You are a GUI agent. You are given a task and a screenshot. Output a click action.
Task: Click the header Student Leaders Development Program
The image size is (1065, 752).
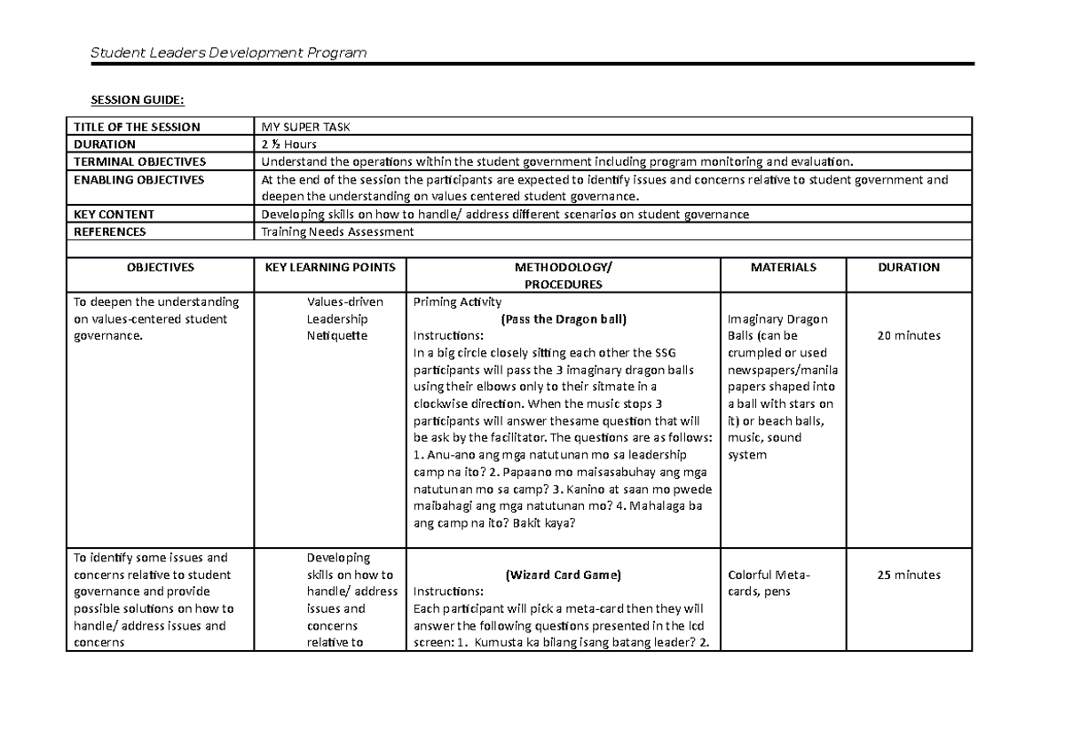[x=228, y=53]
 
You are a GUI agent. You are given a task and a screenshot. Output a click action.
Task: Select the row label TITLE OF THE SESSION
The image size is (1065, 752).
[x=137, y=127]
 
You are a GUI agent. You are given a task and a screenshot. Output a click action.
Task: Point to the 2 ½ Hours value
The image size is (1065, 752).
[x=288, y=144]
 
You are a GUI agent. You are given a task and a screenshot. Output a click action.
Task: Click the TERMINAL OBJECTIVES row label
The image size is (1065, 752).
[x=139, y=161]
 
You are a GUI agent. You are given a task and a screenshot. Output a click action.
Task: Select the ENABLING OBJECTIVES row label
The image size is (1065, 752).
[x=138, y=179]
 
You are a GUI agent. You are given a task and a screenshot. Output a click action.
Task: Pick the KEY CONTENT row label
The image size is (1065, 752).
[x=114, y=214]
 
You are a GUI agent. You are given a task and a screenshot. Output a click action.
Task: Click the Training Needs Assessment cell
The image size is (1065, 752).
[x=336, y=231]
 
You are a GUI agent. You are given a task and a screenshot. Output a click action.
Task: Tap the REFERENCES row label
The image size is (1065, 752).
[x=110, y=231]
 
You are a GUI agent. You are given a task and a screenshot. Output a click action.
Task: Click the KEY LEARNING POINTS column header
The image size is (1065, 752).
[x=329, y=267]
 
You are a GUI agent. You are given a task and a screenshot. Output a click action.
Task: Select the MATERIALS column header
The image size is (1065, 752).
[x=784, y=267]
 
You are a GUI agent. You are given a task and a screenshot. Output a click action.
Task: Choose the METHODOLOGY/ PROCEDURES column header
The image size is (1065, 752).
[x=563, y=275]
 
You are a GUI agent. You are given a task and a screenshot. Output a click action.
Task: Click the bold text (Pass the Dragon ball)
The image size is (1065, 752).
[x=564, y=318]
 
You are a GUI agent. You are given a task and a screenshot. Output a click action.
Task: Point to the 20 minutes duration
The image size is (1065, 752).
[x=909, y=335]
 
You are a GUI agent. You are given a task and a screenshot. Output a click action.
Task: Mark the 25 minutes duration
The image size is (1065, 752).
[x=909, y=575]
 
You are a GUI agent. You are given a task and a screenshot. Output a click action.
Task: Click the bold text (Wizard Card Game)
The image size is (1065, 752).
[x=564, y=575]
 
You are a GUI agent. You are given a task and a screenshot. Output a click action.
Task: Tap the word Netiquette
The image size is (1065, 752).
[x=338, y=335]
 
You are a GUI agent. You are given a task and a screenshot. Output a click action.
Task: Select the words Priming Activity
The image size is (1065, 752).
[x=457, y=302]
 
